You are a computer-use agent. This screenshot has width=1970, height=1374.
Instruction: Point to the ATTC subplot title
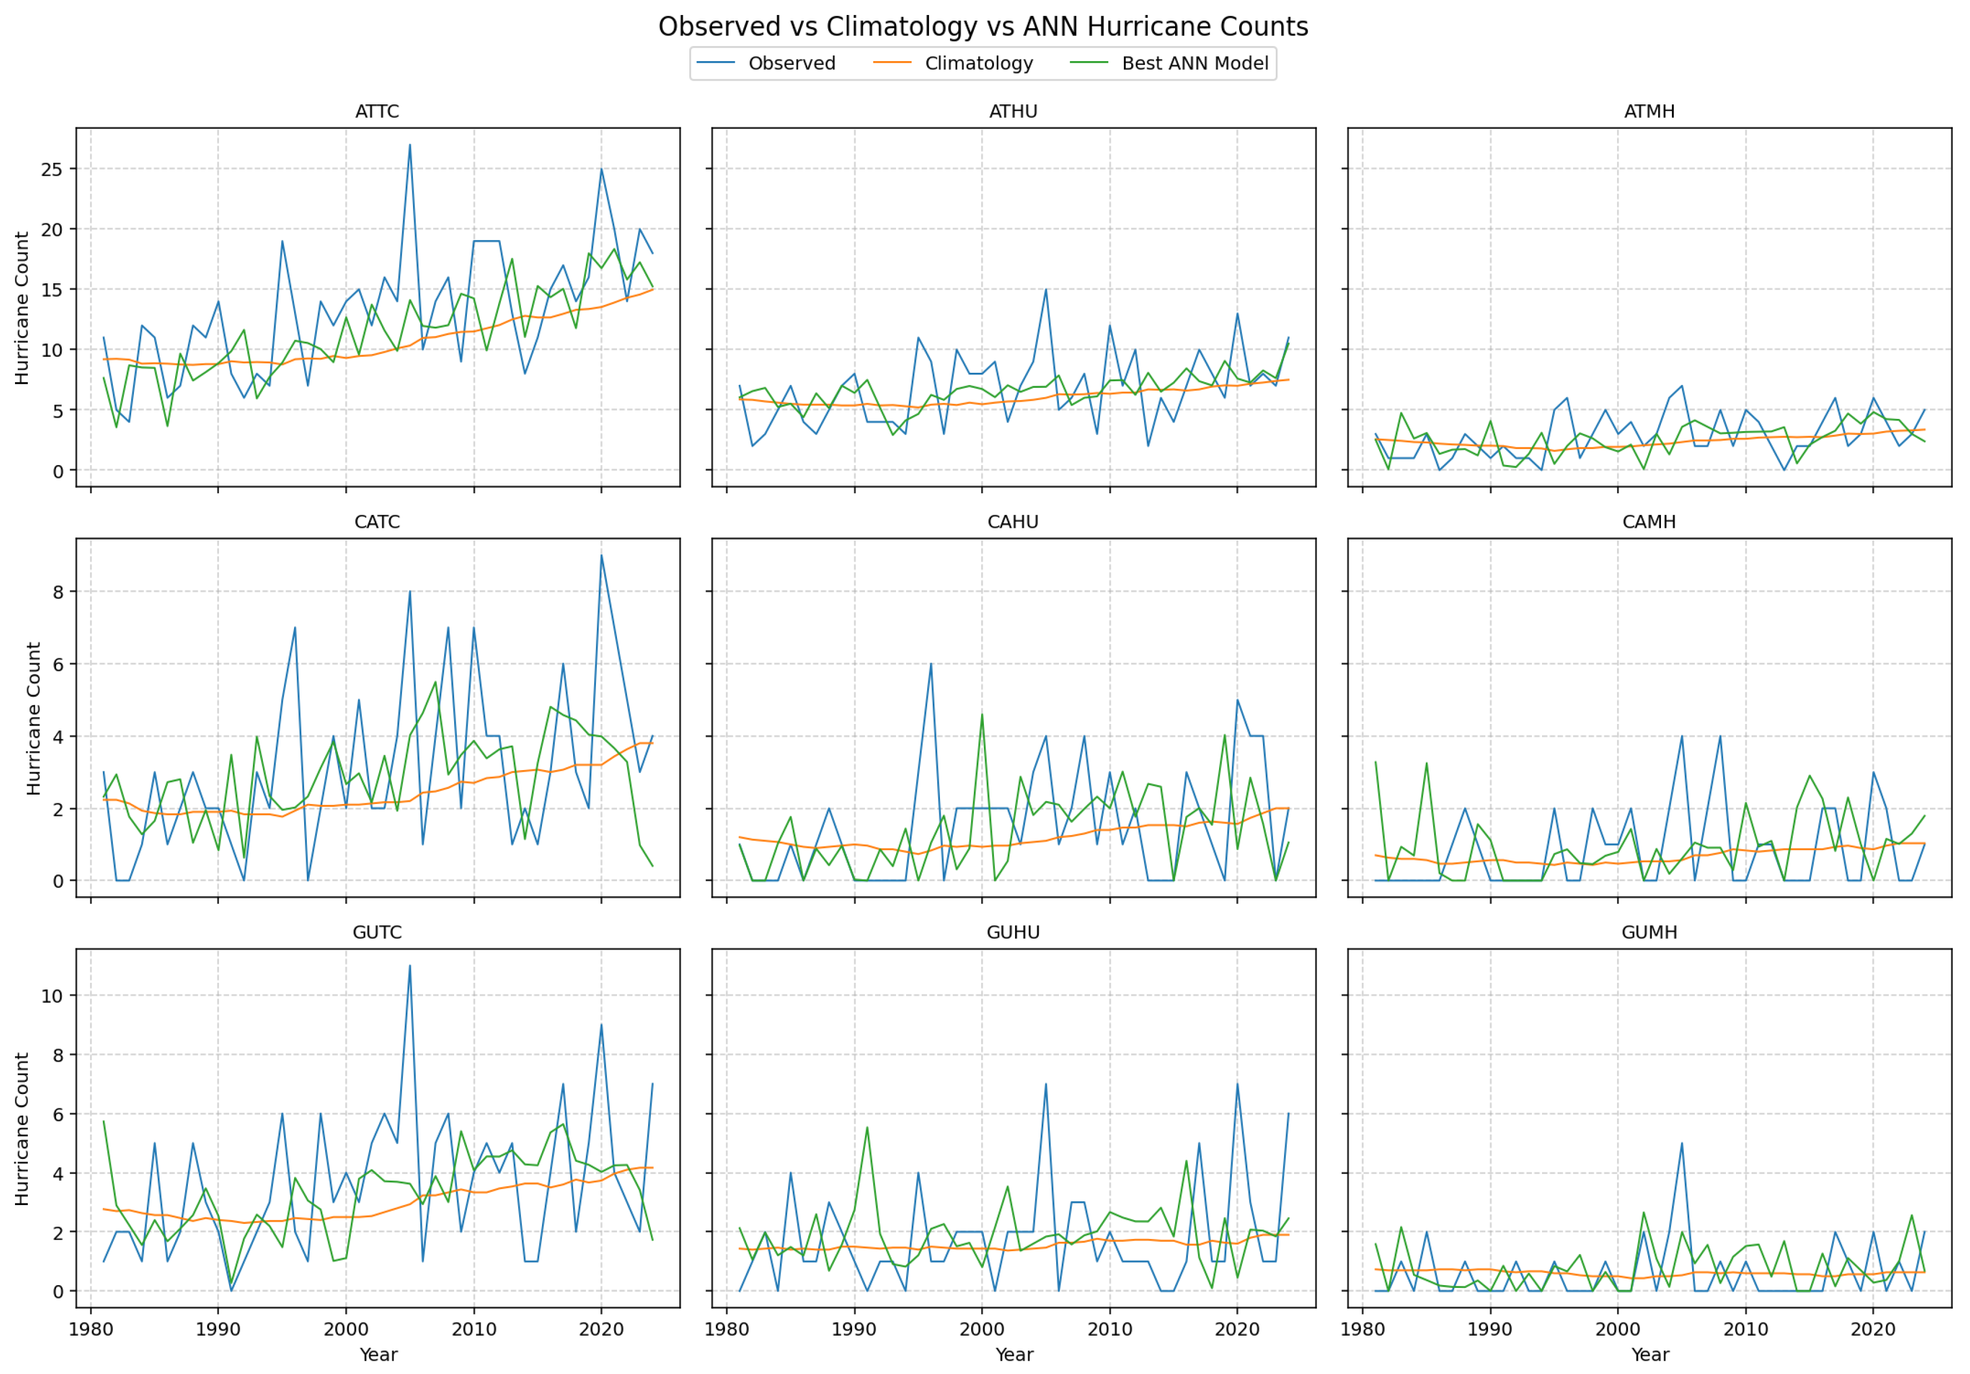pyautogui.click(x=377, y=112)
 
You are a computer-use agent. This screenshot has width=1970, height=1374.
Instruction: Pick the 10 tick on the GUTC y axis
pyautogui.click(x=52, y=996)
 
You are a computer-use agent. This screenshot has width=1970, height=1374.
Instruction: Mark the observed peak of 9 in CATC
pyautogui.click(x=601, y=555)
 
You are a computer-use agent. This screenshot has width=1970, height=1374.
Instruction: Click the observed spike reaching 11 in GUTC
pyautogui.click(x=410, y=966)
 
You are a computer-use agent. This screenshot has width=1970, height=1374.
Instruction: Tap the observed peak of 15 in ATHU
pyautogui.click(x=1046, y=289)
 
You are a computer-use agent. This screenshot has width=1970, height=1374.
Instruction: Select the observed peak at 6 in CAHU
pyautogui.click(x=931, y=663)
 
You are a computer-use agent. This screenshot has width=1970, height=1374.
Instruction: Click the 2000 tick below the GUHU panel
pyautogui.click(x=982, y=1330)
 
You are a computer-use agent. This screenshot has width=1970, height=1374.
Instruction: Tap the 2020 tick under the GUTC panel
pyautogui.click(x=601, y=1330)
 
